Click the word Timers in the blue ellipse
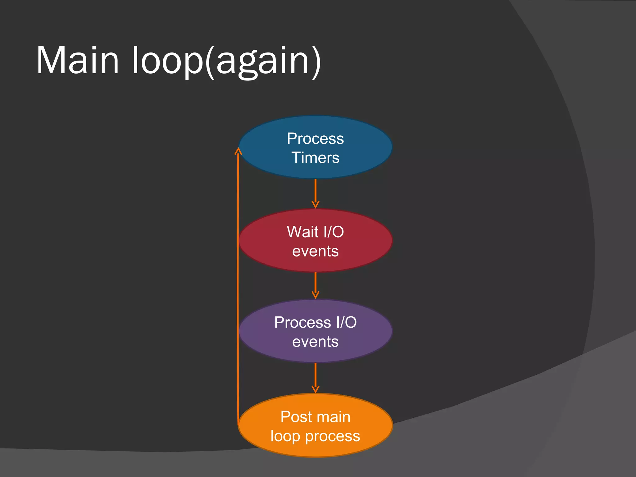(x=315, y=158)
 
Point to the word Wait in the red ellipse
(x=302, y=232)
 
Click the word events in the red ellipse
(x=315, y=251)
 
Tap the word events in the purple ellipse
(x=315, y=342)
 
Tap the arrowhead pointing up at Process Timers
(x=238, y=151)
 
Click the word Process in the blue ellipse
(x=315, y=139)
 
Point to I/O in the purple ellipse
(x=346, y=323)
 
